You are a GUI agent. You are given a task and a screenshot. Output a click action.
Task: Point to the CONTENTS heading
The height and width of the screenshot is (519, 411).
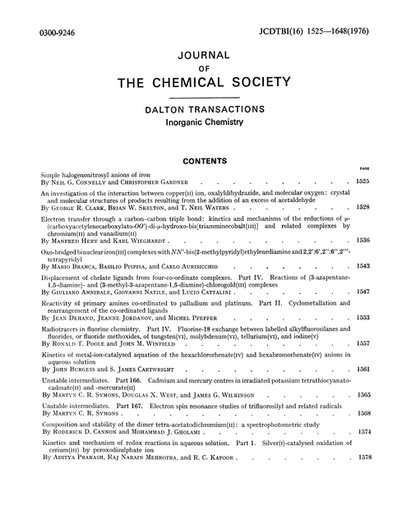pyautogui.click(x=205, y=163)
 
